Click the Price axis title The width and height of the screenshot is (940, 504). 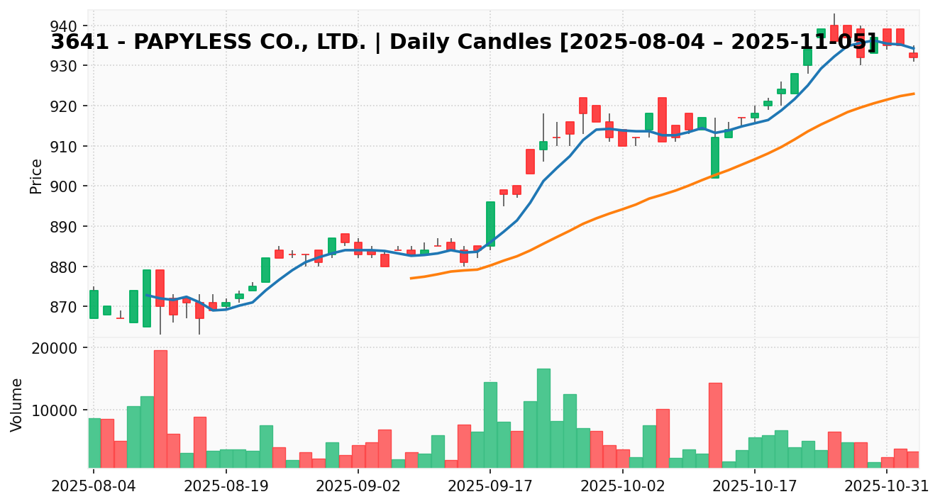tap(36, 176)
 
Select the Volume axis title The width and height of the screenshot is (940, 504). tap(17, 405)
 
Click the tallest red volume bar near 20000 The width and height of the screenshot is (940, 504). tap(160, 408)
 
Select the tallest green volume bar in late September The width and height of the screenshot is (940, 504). tap(543, 418)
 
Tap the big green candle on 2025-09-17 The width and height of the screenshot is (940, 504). tap(490, 224)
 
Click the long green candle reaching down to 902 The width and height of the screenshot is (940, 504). tap(715, 157)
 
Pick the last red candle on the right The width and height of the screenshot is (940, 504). tap(913, 55)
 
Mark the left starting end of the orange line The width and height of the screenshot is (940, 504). tap(411, 278)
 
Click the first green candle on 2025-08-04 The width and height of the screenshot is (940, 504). tap(94, 304)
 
